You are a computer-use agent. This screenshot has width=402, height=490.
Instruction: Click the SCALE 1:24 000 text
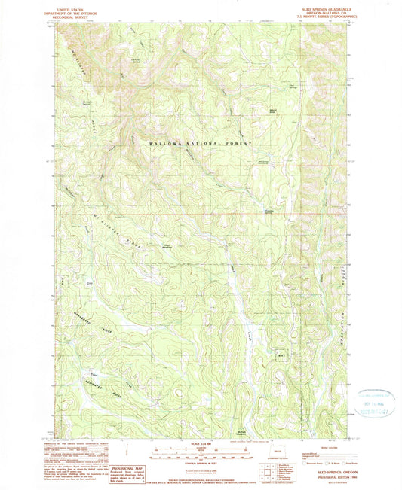200,444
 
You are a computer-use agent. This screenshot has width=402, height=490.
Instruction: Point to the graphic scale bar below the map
200,452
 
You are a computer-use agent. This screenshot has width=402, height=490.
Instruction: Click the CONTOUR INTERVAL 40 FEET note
200,461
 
